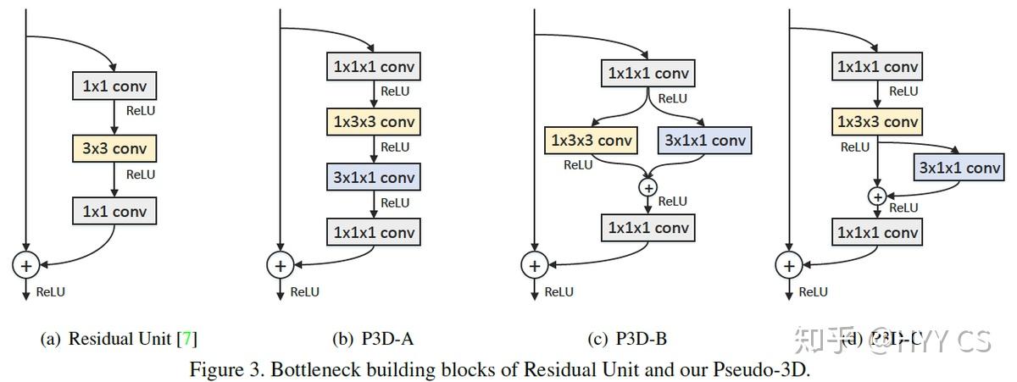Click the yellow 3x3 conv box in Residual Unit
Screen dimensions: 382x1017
tap(114, 150)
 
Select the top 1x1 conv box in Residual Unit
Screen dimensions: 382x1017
tap(114, 86)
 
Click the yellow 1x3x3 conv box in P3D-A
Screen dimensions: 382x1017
tap(373, 122)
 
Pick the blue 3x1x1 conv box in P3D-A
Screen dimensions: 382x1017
tap(373, 177)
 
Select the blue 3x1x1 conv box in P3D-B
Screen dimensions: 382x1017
tap(703, 140)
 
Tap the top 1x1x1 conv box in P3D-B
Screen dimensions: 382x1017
tap(648, 73)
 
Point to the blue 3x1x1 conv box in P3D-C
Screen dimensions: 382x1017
tap(959, 168)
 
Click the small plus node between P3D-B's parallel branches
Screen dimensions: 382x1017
tap(648, 187)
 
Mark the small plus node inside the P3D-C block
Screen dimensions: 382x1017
tap(878, 197)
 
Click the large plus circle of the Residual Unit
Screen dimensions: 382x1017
tap(26, 265)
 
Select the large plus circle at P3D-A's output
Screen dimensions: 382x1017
tap(280, 265)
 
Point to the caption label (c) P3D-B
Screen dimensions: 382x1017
tap(626, 340)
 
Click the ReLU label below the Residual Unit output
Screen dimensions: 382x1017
tap(50, 292)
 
